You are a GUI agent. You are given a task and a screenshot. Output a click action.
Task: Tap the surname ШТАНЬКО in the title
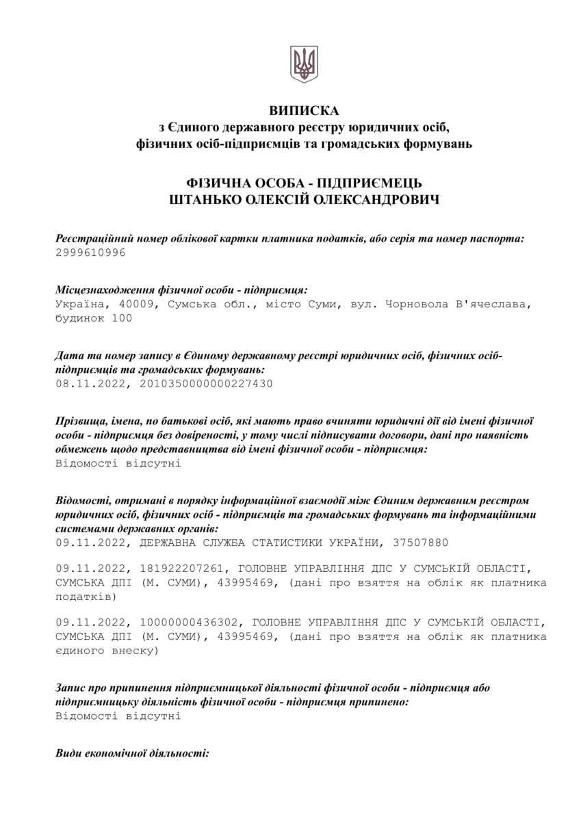tap(209, 200)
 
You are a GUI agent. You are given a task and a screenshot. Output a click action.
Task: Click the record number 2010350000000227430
tap(206, 384)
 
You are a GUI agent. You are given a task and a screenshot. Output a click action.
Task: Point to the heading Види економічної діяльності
tap(132, 754)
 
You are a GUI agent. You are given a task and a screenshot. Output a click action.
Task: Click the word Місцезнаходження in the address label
tap(95, 290)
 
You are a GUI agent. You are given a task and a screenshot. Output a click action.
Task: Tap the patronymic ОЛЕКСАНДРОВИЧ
tap(374, 200)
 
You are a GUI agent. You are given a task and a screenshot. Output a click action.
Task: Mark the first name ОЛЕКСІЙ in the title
tap(283, 200)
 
